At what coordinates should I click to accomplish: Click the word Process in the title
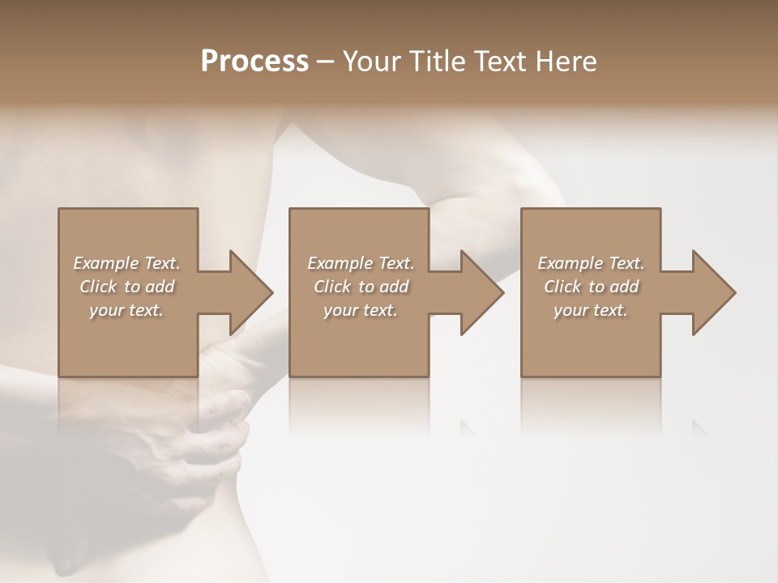[254, 61]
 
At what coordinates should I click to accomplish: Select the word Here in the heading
[565, 61]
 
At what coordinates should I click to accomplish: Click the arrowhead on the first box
[246, 292]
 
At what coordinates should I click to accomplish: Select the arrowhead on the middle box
[477, 292]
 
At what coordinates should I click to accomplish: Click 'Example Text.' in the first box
[126, 263]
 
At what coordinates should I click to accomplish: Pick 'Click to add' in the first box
[126, 287]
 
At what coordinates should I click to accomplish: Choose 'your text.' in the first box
[126, 310]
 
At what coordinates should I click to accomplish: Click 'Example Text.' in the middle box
[361, 263]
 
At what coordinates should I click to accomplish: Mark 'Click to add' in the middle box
[361, 287]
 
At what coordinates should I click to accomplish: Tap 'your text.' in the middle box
[361, 310]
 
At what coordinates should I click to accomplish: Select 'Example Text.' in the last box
[591, 263]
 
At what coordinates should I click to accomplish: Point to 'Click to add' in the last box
[591, 287]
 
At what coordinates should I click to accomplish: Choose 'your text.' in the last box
[591, 310]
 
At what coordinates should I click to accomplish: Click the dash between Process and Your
[326, 62]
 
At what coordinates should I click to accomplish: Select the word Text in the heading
[498, 61]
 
